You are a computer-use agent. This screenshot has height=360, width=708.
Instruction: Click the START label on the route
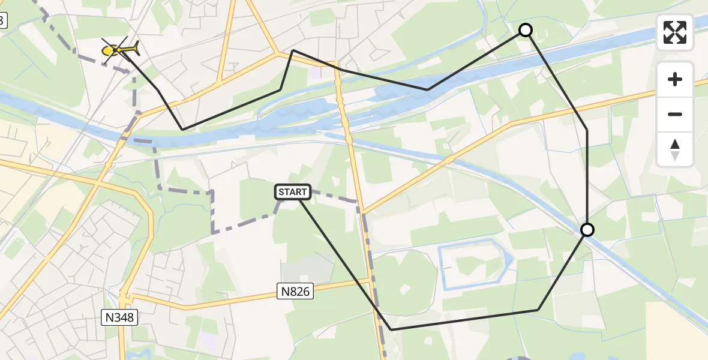(x=293, y=192)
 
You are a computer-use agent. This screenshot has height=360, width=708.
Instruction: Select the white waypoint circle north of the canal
(x=525, y=30)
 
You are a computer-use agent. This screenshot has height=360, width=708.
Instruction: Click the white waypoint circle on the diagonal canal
(x=587, y=230)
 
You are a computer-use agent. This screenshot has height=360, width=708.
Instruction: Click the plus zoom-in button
(x=675, y=79)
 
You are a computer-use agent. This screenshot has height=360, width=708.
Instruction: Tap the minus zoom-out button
(x=675, y=114)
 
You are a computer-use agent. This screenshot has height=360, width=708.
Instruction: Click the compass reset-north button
(x=675, y=149)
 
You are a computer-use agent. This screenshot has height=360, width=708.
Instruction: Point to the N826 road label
(x=296, y=292)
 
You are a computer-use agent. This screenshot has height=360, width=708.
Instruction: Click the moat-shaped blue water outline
(x=443, y=264)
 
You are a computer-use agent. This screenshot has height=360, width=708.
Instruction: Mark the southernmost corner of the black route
(x=391, y=329)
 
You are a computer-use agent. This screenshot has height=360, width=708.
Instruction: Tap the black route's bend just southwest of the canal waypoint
(x=538, y=310)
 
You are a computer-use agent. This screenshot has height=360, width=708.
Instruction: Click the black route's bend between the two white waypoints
(x=587, y=130)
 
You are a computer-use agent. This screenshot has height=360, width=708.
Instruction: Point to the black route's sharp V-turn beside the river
(x=183, y=129)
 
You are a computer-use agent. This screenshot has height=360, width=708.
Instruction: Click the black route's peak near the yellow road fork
(x=292, y=50)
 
